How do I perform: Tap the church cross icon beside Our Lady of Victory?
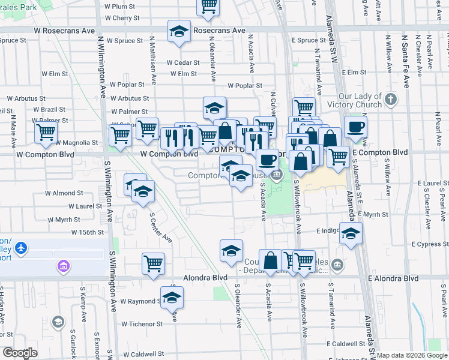[391, 99]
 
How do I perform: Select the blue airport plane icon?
[22, 247]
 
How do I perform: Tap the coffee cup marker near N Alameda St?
[355, 128]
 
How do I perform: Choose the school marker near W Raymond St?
[172, 298]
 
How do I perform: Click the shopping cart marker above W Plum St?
[208, 6]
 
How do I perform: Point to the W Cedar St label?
[182, 62]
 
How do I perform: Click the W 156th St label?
[88, 232]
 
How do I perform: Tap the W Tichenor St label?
[142, 324]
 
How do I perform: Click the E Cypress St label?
[430, 244]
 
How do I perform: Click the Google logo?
[20, 353]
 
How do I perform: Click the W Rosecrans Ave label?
[65, 29]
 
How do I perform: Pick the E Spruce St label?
[309, 40]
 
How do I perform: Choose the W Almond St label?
[64, 193]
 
